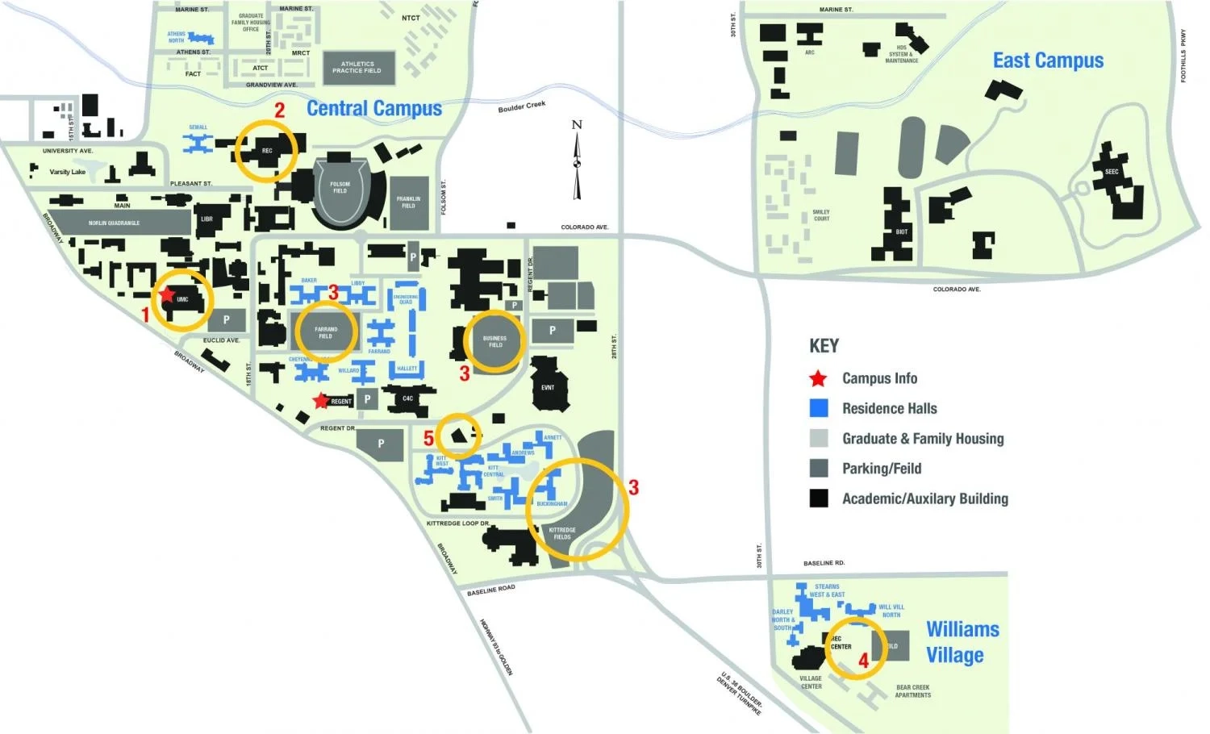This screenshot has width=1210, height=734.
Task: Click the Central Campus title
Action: click(x=374, y=109)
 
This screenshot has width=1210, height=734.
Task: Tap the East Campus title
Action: click(x=1048, y=60)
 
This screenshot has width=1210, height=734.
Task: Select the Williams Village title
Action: click(x=962, y=642)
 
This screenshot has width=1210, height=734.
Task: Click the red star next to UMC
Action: click(x=167, y=295)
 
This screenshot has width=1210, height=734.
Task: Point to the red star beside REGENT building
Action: click(x=321, y=400)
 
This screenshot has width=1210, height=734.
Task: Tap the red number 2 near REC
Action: click(x=280, y=111)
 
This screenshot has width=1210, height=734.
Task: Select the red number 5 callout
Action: click(x=429, y=438)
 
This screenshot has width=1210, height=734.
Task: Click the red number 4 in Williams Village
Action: click(x=863, y=661)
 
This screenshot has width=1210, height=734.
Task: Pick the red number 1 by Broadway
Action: click(x=146, y=315)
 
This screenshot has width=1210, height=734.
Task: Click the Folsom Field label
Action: click(x=340, y=188)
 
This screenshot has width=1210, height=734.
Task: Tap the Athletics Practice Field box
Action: click(x=357, y=68)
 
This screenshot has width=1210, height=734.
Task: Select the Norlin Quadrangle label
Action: click(x=114, y=223)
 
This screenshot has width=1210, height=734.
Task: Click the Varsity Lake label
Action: click(x=68, y=172)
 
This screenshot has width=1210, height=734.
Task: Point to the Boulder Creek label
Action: click(x=522, y=106)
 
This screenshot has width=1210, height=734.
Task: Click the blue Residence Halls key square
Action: click(x=819, y=408)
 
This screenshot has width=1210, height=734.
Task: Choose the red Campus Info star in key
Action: click(x=819, y=378)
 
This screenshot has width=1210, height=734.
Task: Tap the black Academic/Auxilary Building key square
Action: click(x=819, y=498)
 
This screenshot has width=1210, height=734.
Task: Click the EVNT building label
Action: click(x=548, y=387)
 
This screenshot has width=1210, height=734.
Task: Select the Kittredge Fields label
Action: click(x=562, y=533)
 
